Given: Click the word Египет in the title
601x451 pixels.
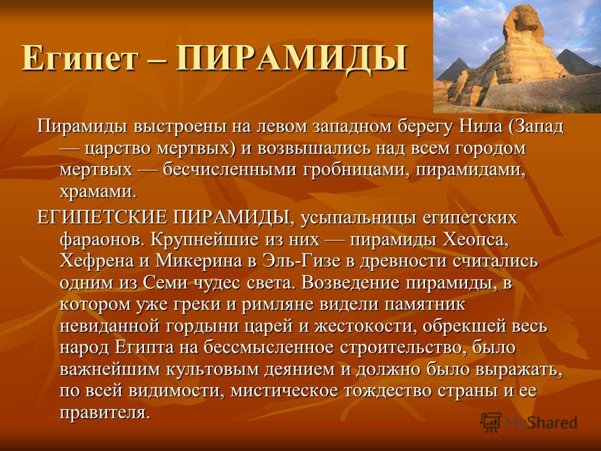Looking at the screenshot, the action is tap(79, 58).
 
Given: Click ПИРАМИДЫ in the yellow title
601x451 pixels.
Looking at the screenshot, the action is tap(292, 58).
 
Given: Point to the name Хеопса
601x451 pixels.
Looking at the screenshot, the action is tap(476, 240).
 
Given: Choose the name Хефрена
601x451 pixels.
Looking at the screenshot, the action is tap(96, 261).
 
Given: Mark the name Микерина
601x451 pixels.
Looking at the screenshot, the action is tap(198, 262).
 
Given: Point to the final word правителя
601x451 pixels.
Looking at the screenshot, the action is tap(105, 413).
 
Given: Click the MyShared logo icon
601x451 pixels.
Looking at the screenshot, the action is tap(491, 423).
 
